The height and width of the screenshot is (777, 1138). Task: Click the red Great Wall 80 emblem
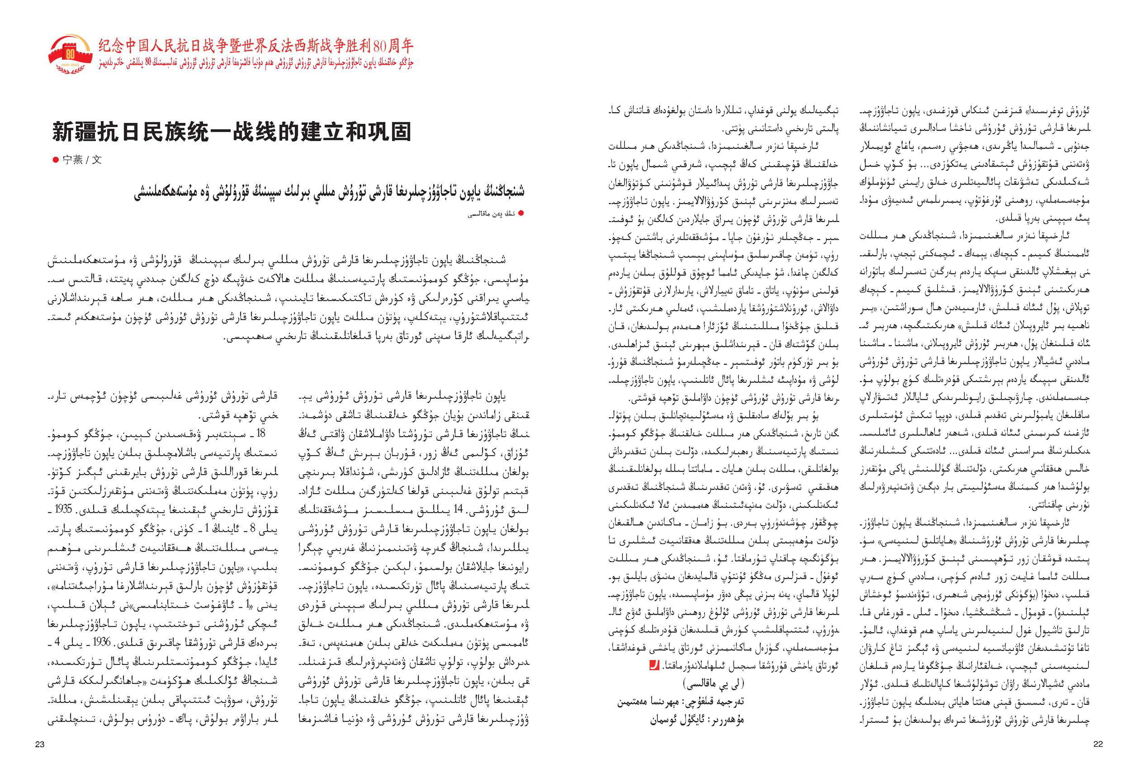70,54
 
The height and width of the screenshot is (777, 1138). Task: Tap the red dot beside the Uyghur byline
521,213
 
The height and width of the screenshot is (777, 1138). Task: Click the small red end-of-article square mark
654,666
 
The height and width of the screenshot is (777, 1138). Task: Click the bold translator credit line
681,702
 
